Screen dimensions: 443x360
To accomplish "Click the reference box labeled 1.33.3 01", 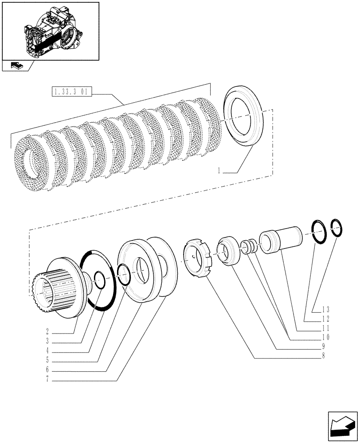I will (71, 93).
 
